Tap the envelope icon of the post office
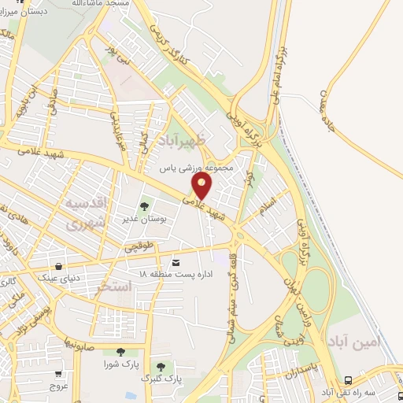(x=175, y=261)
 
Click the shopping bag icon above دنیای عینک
(x=60, y=265)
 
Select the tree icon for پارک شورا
(x=120, y=353)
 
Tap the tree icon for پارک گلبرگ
(x=161, y=367)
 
